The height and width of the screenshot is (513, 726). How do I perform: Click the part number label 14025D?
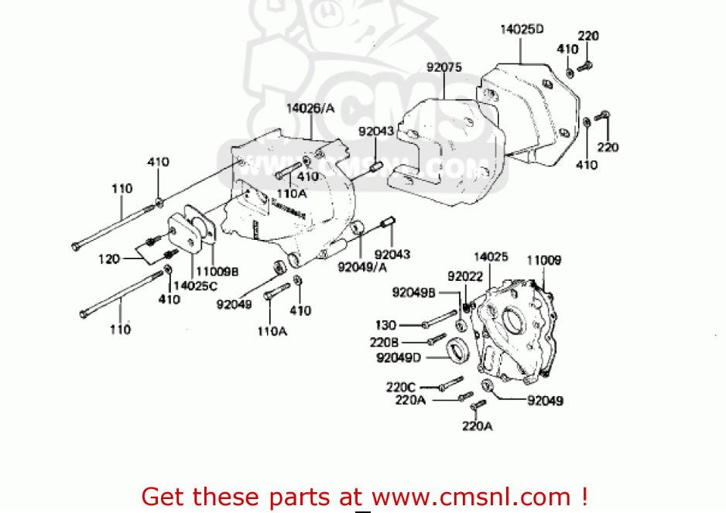[x=521, y=29]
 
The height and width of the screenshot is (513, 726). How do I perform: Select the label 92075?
[x=443, y=67]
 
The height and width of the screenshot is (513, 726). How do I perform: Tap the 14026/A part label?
[x=310, y=109]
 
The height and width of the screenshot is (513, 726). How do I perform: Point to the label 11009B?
[x=216, y=272]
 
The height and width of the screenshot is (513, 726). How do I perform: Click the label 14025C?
[x=195, y=285]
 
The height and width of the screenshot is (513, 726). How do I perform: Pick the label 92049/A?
[x=361, y=268]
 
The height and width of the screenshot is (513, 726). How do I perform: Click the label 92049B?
[x=415, y=292]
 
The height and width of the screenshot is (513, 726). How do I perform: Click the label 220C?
[x=401, y=386]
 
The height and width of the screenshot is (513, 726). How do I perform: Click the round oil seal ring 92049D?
[x=458, y=348]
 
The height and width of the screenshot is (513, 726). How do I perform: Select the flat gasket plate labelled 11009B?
[x=191, y=234]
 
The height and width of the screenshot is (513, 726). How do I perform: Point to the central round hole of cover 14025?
[x=512, y=319]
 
